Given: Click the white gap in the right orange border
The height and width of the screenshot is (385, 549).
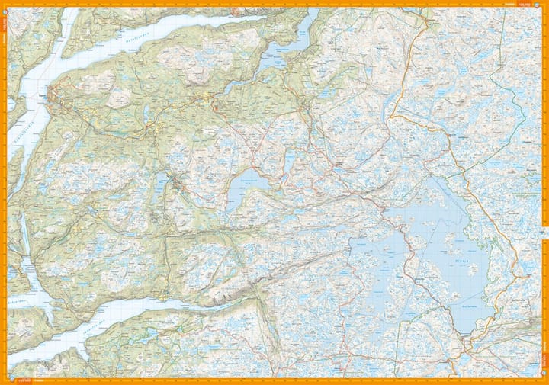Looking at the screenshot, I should click(545, 232).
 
